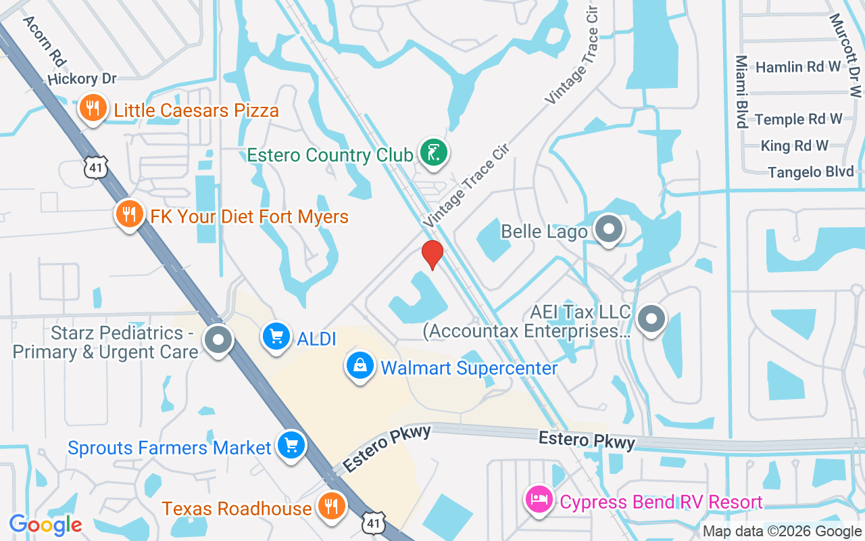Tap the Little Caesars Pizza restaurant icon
pos(93,108)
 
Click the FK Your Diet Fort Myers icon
pos(129,214)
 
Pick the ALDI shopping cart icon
pos(276,336)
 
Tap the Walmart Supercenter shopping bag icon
pos(360,366)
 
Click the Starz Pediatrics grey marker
pos(218,340)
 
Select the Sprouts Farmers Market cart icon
pos(291,445)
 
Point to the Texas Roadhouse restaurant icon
pos(330,506)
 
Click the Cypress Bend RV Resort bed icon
pos(539,500)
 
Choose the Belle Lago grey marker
pos(609,229)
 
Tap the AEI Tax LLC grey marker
pos(651,317)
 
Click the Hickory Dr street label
pos(82,79)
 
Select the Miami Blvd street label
pos(741,91)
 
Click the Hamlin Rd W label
pos(797,67)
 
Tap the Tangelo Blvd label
pos(811,172)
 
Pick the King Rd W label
pos(794,145)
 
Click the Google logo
pos(46,524)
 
